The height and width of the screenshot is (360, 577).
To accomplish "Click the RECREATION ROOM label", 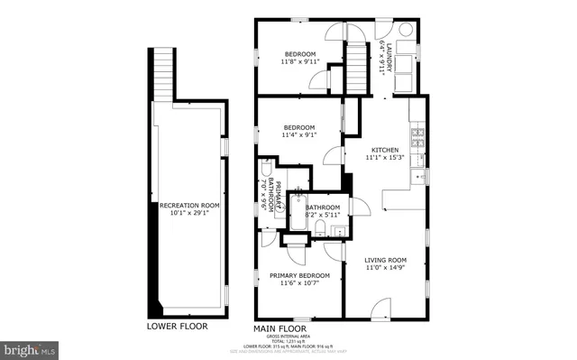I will click(x=189, y=206).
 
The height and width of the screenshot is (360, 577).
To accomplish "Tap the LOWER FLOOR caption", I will click(x=177, y=326).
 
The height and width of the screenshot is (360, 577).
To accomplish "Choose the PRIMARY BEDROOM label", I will click(x=299, y=275).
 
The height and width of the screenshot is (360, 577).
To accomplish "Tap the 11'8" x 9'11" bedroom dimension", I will click(x=301, y=62).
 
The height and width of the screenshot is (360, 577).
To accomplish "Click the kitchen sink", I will click(x=418, y=175).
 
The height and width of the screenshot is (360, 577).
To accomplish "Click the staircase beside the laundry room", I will click(x=360, y=63).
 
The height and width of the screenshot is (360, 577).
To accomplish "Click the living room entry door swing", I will click(x=382, y=312).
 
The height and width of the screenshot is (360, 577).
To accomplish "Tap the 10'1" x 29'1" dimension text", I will click(x=189, y=216).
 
